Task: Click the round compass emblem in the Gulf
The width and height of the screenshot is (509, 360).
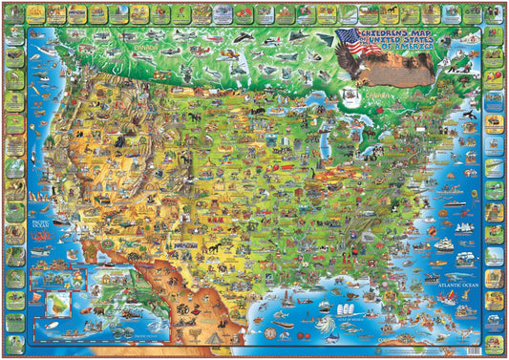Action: [x=279, y=331]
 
